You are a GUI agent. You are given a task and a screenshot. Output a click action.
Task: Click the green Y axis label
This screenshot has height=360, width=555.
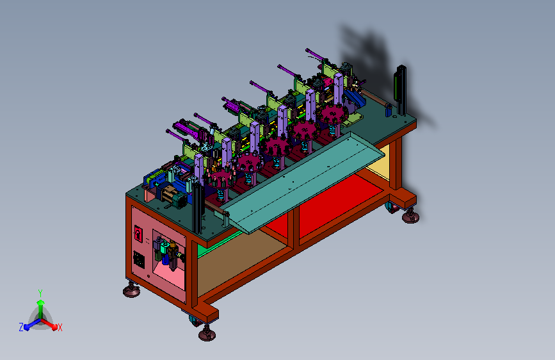click(40, 293)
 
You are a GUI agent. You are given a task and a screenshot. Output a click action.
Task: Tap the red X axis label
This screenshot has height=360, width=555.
click(60, 328)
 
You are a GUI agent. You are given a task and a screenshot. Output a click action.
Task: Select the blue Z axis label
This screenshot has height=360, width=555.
click(21, 327)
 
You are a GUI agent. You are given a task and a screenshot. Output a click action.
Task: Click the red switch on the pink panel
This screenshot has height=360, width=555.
click(138, 234)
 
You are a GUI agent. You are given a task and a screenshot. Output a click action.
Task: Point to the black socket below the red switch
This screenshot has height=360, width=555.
click(139, 260)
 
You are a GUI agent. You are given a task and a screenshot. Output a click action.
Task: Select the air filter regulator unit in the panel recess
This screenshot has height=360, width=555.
click(168, 253)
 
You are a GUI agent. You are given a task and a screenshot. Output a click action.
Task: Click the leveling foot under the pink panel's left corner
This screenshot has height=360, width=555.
click(131, 290)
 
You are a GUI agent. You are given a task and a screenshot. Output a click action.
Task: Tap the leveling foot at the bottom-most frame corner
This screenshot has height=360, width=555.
click(207, 333)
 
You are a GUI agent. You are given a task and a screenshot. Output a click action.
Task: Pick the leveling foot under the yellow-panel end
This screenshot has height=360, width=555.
click(410, 216)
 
